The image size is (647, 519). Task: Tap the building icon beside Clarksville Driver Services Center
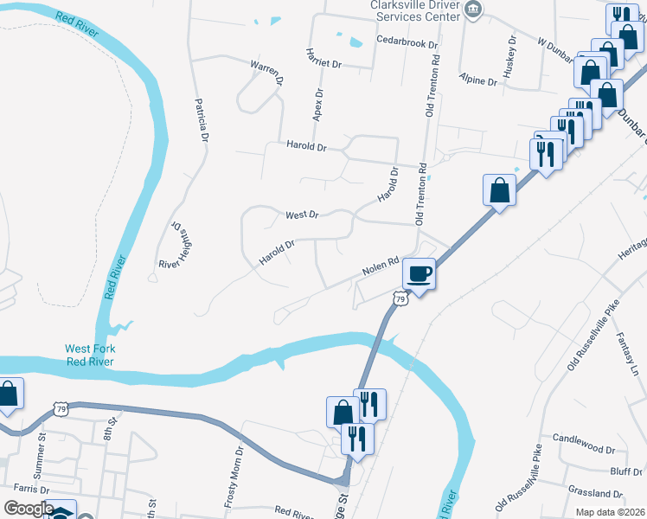[x=472, y=10]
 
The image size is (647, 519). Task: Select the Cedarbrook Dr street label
[x=407, y=41]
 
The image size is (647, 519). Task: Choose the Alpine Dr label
[x=478, y=80]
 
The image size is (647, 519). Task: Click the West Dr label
[x=302, y=214]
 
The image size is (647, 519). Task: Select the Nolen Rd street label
[x=380, y=266]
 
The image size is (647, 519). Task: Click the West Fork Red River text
[x=90, y=354]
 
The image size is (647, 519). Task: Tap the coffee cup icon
[x=420, y=274]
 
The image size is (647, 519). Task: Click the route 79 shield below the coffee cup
[x=398, y=298]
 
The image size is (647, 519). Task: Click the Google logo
[x=29, y=509]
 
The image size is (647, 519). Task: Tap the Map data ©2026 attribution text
[x=610, y=512]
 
